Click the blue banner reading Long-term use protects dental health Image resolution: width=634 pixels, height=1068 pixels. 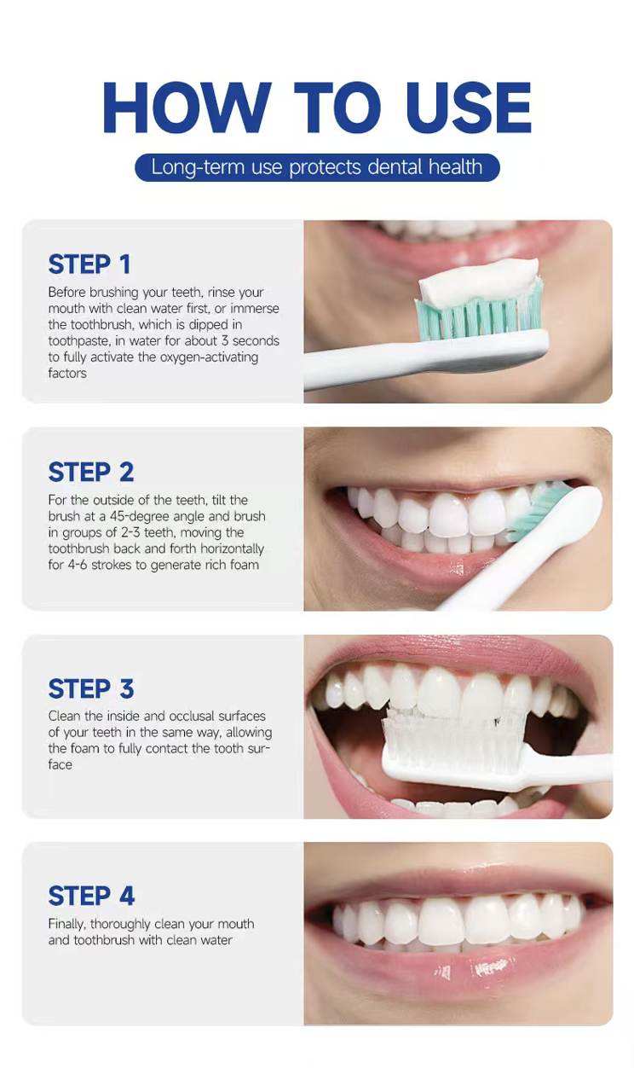pos(317,167)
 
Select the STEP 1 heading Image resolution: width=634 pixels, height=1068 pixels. pos(89,264)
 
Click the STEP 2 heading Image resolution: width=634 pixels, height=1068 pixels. pos(91,472)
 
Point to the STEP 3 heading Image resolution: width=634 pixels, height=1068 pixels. pos(91,688)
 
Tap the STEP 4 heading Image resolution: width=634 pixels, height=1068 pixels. pos(91,896)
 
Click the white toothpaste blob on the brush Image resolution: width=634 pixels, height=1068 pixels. pos(479,282)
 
